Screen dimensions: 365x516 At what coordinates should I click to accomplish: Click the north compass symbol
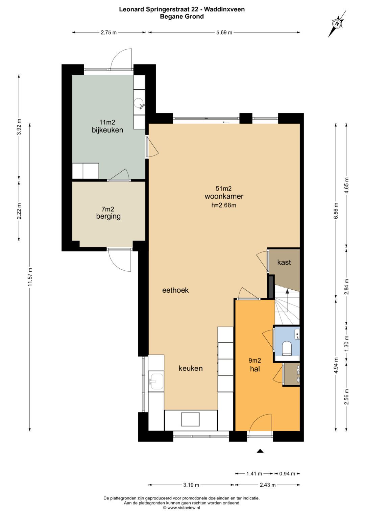click(337, 24)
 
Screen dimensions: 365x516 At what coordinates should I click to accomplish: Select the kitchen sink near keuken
click(156, 382)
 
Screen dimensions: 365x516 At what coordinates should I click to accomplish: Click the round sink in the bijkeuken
click(139, 103)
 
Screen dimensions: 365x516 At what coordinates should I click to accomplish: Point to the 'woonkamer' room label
click(224, 196)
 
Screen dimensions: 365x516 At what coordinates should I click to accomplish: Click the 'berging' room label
click(108, 216)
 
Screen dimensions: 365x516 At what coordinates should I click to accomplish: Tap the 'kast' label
click(284, 262)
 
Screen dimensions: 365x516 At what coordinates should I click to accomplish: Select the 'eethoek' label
click(175, 290)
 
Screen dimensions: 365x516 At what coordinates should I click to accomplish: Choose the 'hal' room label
click(255, 369)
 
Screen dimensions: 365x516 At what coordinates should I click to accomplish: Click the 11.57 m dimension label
click(30, 277)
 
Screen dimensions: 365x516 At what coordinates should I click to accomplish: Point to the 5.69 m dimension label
click(224, 32)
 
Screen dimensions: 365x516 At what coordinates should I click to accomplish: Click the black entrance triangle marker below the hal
click(260, 451)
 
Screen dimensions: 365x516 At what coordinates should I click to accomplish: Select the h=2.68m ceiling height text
click(224, 205)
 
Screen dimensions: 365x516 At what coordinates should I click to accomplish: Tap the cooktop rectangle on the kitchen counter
click(190, 419)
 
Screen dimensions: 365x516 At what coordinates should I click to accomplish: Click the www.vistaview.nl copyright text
click(181, 508)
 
